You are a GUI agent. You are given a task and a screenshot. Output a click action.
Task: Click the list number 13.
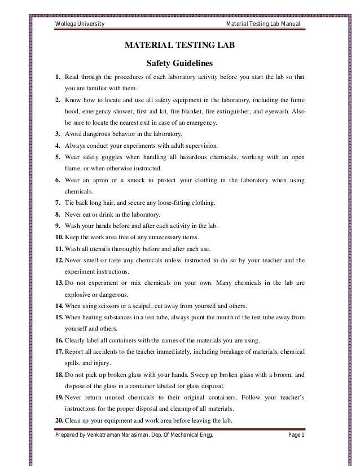58,283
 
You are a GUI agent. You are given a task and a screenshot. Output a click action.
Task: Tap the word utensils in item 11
104,249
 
